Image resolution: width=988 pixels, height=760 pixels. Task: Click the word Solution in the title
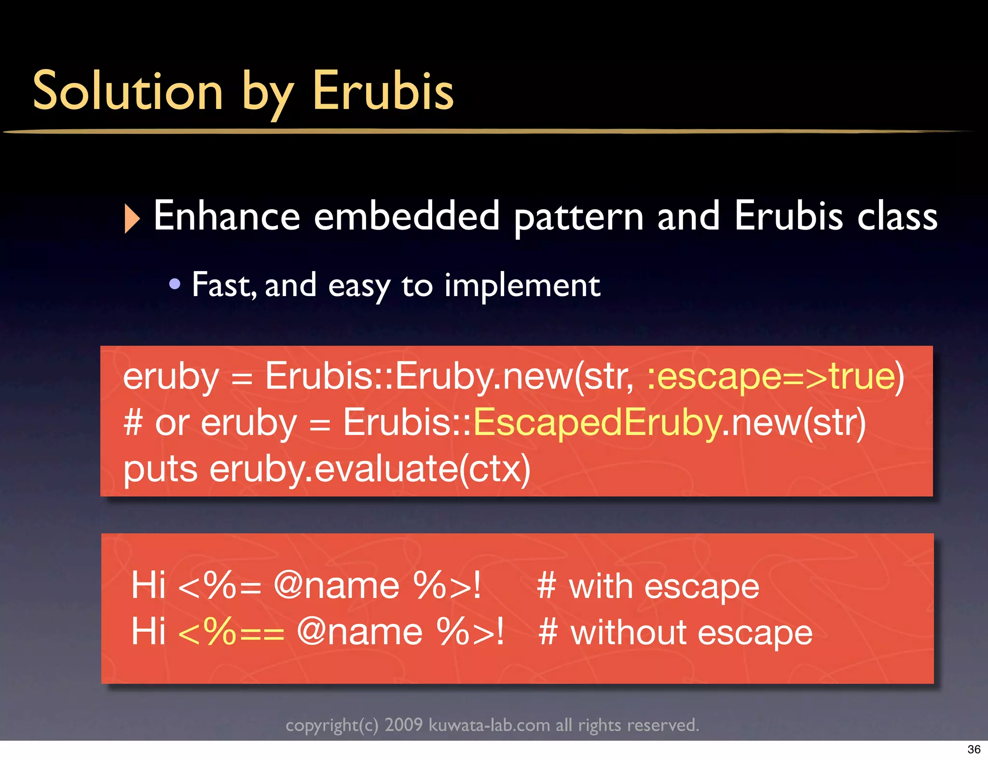tap(128, 91)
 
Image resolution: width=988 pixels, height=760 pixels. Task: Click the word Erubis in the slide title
tap(383, 91)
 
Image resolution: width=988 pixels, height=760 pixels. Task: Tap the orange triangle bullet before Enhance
tap(131, 218)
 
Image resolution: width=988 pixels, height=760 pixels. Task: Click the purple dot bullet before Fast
tap(175, 284)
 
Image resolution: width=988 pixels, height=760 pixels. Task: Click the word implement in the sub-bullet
tap(521, 285)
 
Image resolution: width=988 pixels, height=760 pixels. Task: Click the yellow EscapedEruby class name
tap(597, 422)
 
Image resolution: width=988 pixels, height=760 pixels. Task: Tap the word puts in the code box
tap(160, 469)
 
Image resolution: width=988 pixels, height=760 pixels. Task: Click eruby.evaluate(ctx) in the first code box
tap(370, 469)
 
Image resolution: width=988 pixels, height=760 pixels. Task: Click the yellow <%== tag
tap(231, 632)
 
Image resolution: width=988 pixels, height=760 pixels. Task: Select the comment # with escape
tap(648, 586)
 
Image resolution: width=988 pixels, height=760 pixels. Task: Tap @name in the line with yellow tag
tap(360, 632)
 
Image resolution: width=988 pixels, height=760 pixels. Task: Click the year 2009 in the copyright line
tap(403, 725)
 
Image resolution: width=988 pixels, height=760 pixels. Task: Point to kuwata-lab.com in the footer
tap(489, 725)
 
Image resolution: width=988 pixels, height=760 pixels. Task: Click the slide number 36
tap(974, 749)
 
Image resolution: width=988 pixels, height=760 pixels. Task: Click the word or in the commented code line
tap(172, 422)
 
